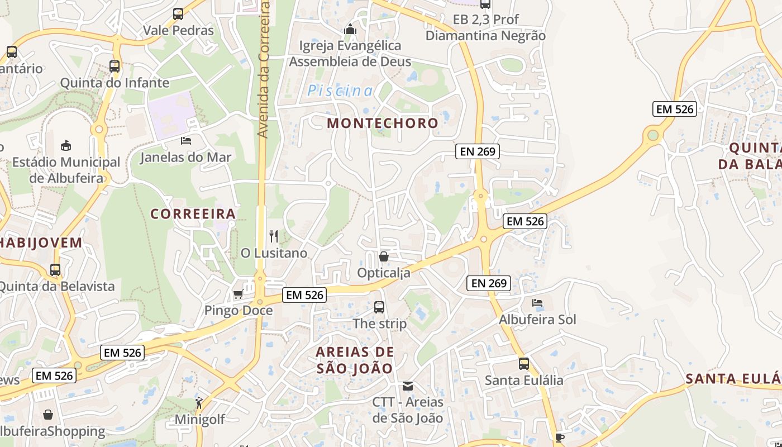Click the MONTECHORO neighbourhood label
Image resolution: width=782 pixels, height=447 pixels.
[x=383, y=123]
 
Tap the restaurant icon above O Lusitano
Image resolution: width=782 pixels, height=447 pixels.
[x=274, y=236]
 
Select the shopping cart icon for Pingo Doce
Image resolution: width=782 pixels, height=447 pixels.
[x=238, y=294]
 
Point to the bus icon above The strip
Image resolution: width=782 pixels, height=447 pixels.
[x=379, y=307]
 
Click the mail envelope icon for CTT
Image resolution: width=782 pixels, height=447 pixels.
[x=408, y=386]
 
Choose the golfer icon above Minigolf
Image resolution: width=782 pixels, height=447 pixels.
[x=199, y=402]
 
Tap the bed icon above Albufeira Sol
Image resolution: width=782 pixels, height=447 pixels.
[x=537, y=303]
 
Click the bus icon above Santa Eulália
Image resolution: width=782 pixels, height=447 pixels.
[x=524, y=364]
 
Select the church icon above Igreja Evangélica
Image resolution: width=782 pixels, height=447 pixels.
[x=350, y=29]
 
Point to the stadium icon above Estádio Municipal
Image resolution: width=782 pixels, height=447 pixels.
[x=66, y=146]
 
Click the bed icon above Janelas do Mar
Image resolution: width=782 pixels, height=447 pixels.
[x=186, y=141]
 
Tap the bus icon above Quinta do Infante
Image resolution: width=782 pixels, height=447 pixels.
[x=115, y=66]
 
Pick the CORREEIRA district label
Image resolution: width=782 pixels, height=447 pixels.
[x=193, y=214]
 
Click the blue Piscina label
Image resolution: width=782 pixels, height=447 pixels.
[x=340, y=91]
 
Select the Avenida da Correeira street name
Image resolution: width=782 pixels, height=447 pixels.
[x=264, y=70]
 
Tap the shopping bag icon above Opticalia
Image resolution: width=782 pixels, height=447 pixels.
[x=384, y=256]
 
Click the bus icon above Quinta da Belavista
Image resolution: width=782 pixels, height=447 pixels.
[x=55, y=270]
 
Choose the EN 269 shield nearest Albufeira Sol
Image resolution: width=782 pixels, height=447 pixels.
[x=489, y=283]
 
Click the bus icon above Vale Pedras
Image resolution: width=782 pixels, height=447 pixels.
[x=178, y=14]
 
